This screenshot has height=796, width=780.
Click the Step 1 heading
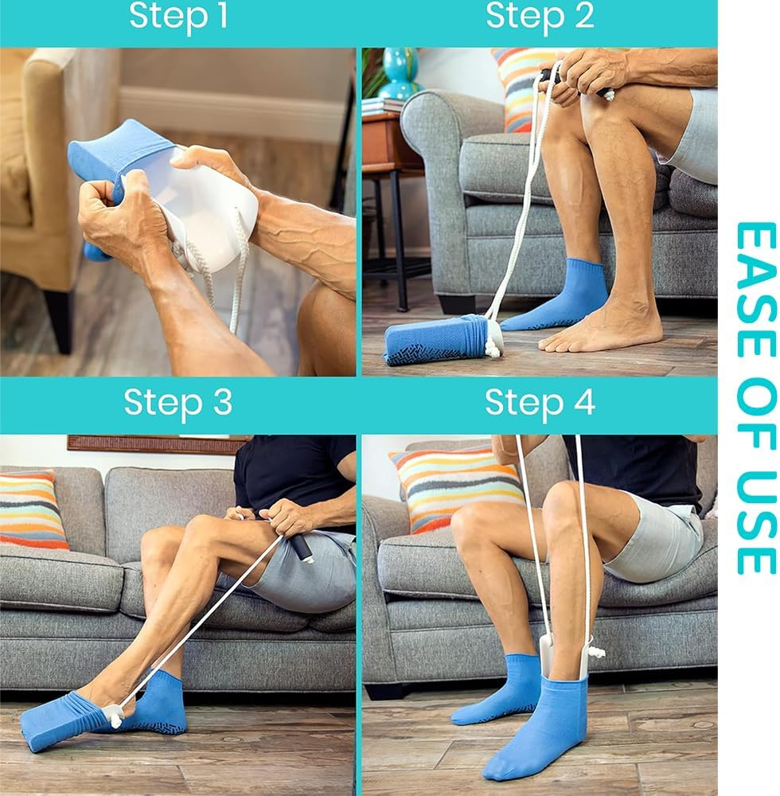click(178, 17)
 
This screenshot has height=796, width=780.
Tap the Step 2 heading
click(540, 17)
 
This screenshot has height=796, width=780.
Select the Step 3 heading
click(178, 404)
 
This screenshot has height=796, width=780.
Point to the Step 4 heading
click(540, 404)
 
